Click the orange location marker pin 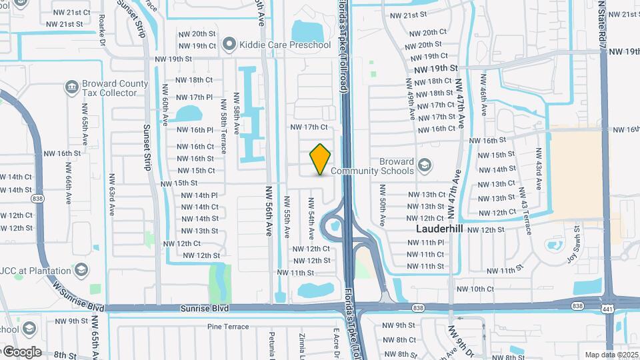click(321, 159)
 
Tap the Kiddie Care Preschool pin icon click(230, 45)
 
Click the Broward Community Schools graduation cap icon click(424, 164)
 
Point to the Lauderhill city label click(440, 229)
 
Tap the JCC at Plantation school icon click(81, 269)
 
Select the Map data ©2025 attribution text click(611, 355)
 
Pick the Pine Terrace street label click(228, 327)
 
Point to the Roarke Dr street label click(102, 31)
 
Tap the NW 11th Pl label click(424, 242)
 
